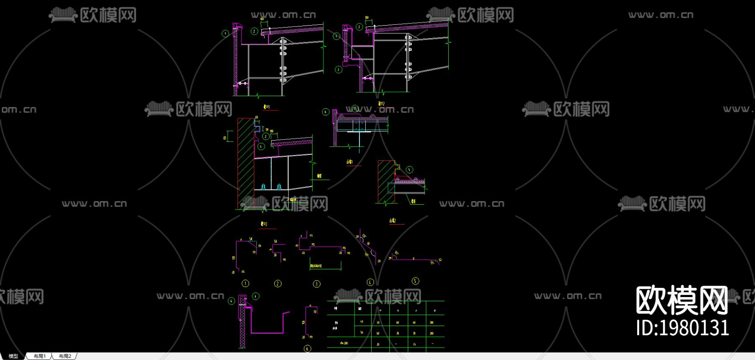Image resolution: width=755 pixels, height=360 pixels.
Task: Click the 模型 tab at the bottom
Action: pos(13,356)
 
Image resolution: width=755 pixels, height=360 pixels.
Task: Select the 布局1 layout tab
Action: pos(40,356)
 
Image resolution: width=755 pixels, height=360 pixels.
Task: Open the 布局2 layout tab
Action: pos(65,356)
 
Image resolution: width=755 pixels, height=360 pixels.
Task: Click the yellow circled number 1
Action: pos(245,284)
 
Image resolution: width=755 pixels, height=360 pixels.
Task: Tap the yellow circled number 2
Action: pos(278,284)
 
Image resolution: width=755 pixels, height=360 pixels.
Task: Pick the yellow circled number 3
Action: pos(317,284)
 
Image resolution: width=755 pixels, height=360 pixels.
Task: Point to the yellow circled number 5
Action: pos(415,281)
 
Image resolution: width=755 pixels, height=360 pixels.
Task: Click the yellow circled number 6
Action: pos(307,349)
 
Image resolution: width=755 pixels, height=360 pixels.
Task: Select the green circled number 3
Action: pos(338,70)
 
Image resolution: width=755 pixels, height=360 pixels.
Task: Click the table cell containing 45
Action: pos(414,344)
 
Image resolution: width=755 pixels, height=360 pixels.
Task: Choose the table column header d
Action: pos(435,310)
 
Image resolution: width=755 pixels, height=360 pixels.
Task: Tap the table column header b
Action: pos(398,310)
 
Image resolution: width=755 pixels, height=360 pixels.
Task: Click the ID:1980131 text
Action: pos(682,328)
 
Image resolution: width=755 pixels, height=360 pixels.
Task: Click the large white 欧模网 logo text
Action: pos(682,300)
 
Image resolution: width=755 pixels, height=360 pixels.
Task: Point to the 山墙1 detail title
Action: pos(349,162)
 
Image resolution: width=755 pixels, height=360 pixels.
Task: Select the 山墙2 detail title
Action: pos(393,221)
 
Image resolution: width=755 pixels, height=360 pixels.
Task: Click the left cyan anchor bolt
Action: pos(263,186)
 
